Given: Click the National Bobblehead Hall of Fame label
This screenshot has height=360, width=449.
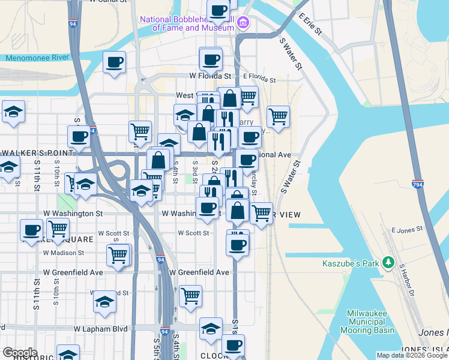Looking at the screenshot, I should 187,23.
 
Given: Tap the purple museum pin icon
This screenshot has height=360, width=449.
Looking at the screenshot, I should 243,23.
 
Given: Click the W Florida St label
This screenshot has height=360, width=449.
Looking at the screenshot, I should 210,76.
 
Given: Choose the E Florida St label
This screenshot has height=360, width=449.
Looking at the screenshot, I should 259,79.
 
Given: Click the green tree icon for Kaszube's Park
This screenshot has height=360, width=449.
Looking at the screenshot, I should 389,262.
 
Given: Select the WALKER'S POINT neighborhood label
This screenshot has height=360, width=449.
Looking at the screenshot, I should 37,152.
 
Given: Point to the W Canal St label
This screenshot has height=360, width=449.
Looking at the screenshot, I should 109,2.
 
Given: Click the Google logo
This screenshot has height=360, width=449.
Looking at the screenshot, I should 20,353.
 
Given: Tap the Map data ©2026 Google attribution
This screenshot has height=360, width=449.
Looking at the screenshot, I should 411,355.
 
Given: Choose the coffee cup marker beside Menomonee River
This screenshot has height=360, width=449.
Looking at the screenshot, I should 114,63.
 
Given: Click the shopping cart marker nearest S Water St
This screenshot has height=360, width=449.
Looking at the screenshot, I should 278,116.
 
